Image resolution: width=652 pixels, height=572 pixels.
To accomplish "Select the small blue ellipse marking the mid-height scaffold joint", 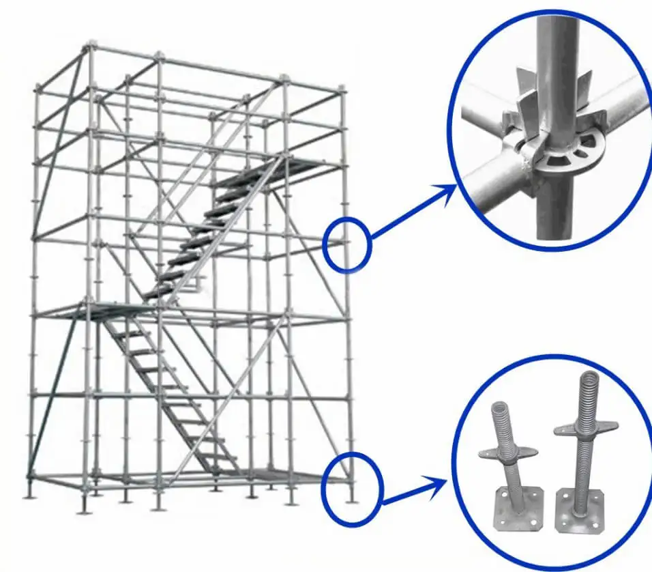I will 346,244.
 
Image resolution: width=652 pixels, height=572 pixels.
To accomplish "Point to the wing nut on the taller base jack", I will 586,427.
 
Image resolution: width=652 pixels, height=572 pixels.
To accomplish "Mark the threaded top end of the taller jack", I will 589,389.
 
